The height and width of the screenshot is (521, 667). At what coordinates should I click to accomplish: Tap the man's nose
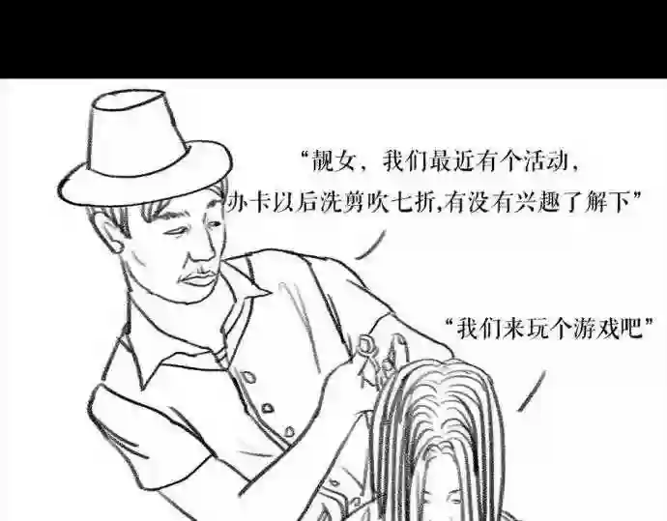coord(203,251)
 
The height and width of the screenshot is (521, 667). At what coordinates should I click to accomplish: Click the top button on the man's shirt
coord(246,377)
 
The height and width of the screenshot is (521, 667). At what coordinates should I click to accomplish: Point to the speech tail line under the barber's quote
coord(371,246)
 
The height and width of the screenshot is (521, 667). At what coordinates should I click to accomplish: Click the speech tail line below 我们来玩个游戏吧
coord(532,391)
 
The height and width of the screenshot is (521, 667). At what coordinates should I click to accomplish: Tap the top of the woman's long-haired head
coord(443,365)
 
